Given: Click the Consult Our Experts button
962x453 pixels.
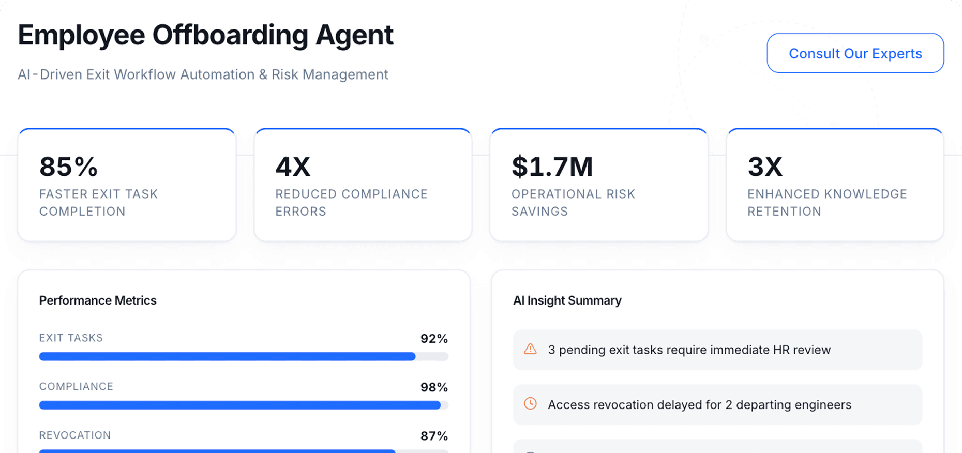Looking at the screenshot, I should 855,53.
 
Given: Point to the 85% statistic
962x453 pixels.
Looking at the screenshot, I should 68,167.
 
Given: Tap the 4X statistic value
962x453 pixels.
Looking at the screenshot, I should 293,167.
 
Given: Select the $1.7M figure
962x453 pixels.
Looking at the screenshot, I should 552,167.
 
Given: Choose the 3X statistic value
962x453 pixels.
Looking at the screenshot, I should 765,167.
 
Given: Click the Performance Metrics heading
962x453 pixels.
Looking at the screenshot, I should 98,300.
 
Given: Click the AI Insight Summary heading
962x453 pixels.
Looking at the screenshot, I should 567,300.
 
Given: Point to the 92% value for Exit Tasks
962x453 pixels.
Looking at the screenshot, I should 434,339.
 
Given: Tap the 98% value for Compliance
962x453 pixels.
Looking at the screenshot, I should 434,387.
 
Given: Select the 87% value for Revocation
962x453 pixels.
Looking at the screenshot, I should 434,436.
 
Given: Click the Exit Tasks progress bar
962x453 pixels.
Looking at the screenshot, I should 228,356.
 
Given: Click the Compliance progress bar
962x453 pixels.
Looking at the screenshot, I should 240,405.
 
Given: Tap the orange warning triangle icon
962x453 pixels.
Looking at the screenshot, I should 530,349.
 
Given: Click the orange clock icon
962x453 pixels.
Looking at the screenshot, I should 530,403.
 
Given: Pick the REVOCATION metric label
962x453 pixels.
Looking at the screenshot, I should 75,435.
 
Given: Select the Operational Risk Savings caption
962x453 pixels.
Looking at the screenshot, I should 573,202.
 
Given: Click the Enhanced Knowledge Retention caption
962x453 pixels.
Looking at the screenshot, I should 827,202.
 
